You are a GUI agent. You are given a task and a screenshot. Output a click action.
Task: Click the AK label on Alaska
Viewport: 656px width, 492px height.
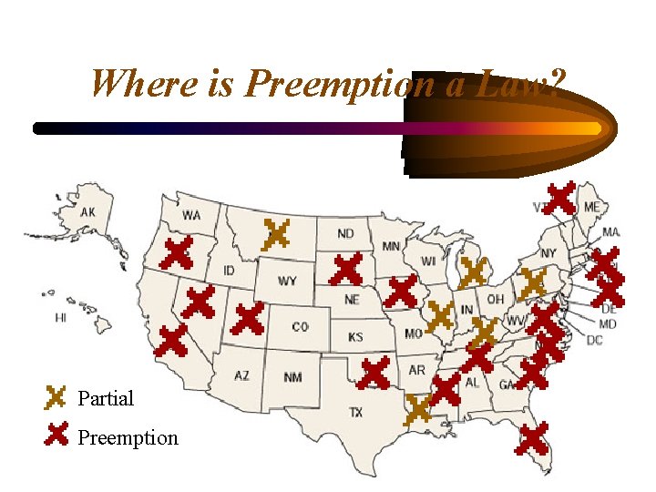(x=87, y=212)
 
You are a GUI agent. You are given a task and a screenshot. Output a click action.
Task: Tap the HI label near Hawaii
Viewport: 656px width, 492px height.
(x=61, y=318)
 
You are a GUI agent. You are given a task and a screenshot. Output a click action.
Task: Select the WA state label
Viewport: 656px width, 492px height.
(x=191, y=216)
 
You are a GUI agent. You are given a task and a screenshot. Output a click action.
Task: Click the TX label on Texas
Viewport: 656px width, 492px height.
(x=356, y=413)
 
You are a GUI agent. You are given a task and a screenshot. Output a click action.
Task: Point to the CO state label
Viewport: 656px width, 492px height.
(x=300, y=326)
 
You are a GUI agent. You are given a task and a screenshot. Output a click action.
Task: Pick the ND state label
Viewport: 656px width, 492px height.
(x=347, y=233)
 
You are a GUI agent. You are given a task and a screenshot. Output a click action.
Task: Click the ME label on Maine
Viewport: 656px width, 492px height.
(x=592, y=208)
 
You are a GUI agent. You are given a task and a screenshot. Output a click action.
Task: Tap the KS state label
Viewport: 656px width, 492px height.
(x=355, y=337)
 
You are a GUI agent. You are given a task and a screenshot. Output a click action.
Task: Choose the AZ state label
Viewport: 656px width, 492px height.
(x=241, y=375)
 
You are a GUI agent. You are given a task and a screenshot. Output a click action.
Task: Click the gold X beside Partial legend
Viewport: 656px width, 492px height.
(x=56, y=397)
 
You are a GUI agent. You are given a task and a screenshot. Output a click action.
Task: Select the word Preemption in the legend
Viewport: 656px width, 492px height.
(x=128, y=438)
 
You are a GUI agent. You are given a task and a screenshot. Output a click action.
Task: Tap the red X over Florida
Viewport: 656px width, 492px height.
(x=532, y=438)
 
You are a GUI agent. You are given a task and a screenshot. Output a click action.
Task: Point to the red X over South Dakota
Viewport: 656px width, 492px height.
(x=346, y=269)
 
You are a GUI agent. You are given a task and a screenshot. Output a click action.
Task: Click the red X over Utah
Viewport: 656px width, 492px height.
(x=248, y=319)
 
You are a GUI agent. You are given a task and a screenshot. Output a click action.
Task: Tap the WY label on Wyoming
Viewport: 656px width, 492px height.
(x=287, y=281)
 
